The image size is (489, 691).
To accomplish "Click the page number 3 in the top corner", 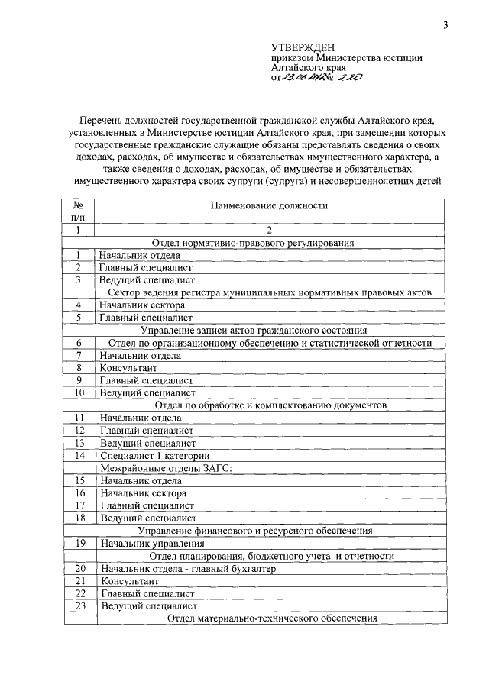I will click(445, 25).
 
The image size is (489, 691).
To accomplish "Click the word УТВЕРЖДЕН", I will click(303, 47).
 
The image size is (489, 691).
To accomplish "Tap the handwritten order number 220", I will click(346, 77).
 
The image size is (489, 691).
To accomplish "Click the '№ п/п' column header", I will click(78, 211).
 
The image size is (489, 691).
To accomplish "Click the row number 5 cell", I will click(78, 317).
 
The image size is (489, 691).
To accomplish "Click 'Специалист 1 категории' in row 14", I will click(147, 455).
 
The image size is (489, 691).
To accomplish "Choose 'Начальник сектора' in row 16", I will click(143, 492).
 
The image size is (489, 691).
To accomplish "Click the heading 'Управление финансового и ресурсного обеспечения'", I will click(254, 530).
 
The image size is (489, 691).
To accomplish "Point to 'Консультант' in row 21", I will click(126, 580).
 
